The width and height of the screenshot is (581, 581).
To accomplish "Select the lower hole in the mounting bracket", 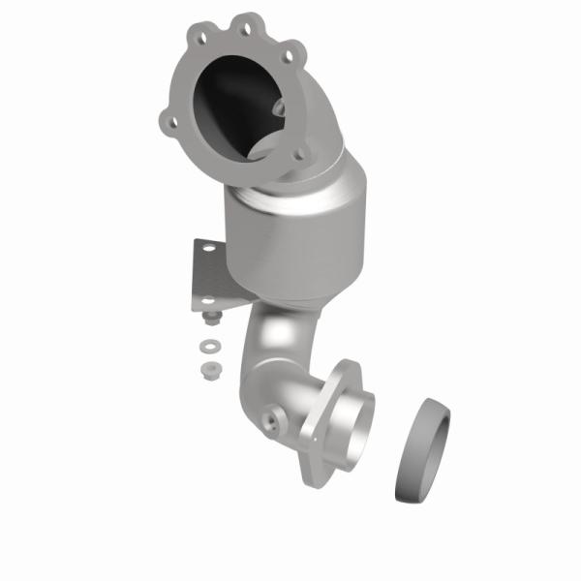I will click(205, 299).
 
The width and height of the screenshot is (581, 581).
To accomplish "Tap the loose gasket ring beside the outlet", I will click(423, 450).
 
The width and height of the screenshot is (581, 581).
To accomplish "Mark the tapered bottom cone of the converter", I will click(290, 295).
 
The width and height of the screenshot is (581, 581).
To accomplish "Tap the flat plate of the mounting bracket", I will click(208, 276).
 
